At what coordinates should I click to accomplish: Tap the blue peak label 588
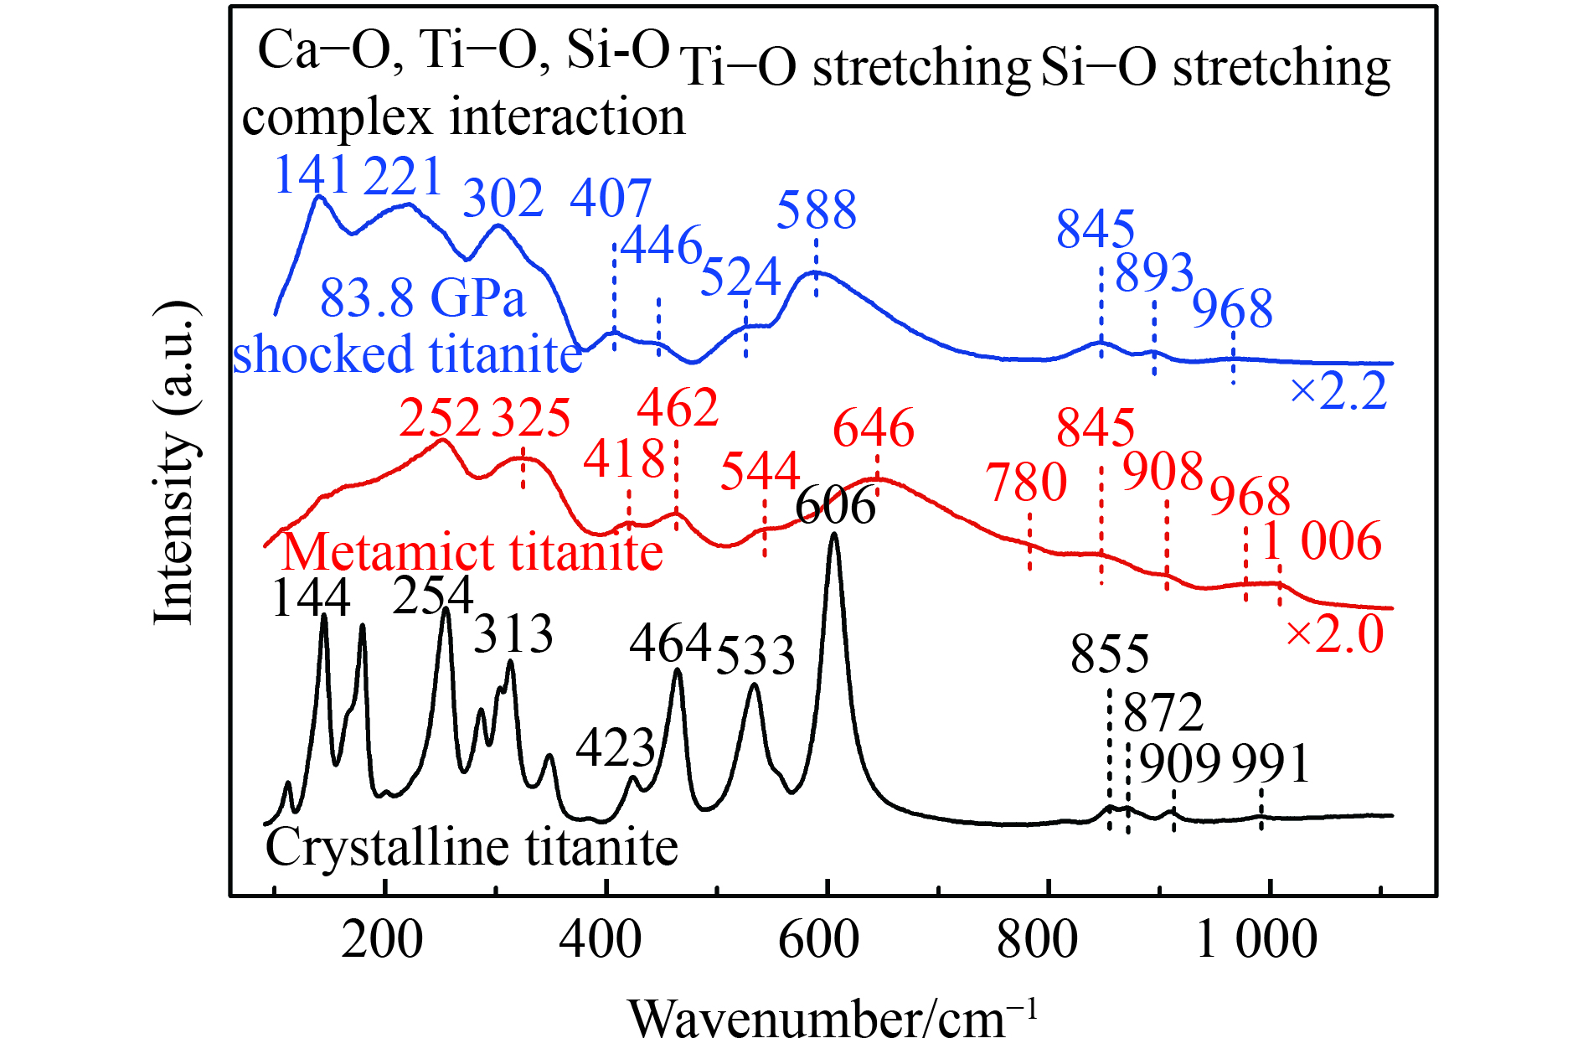[817, 209]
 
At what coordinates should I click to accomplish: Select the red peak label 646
[874, 428]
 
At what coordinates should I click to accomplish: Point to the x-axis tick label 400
[601, 939]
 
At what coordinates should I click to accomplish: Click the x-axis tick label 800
[1037, 939]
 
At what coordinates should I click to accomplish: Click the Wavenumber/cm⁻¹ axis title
[833, 1018]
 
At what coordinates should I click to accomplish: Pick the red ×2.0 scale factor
[1334, 633]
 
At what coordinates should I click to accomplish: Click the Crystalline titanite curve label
[472, 848]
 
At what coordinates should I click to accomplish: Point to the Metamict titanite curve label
[472, 552]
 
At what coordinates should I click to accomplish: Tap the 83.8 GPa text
[423, 298]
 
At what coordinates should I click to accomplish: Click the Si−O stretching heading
[1215, 69]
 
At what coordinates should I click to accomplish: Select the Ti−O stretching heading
[855, 69]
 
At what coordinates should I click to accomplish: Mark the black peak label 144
[311, 598]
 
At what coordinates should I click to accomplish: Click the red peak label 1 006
[1321, 541]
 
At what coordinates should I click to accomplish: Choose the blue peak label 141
[312, 175]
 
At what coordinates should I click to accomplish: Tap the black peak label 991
[1271, 764]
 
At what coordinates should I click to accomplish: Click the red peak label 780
[1027, 483]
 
